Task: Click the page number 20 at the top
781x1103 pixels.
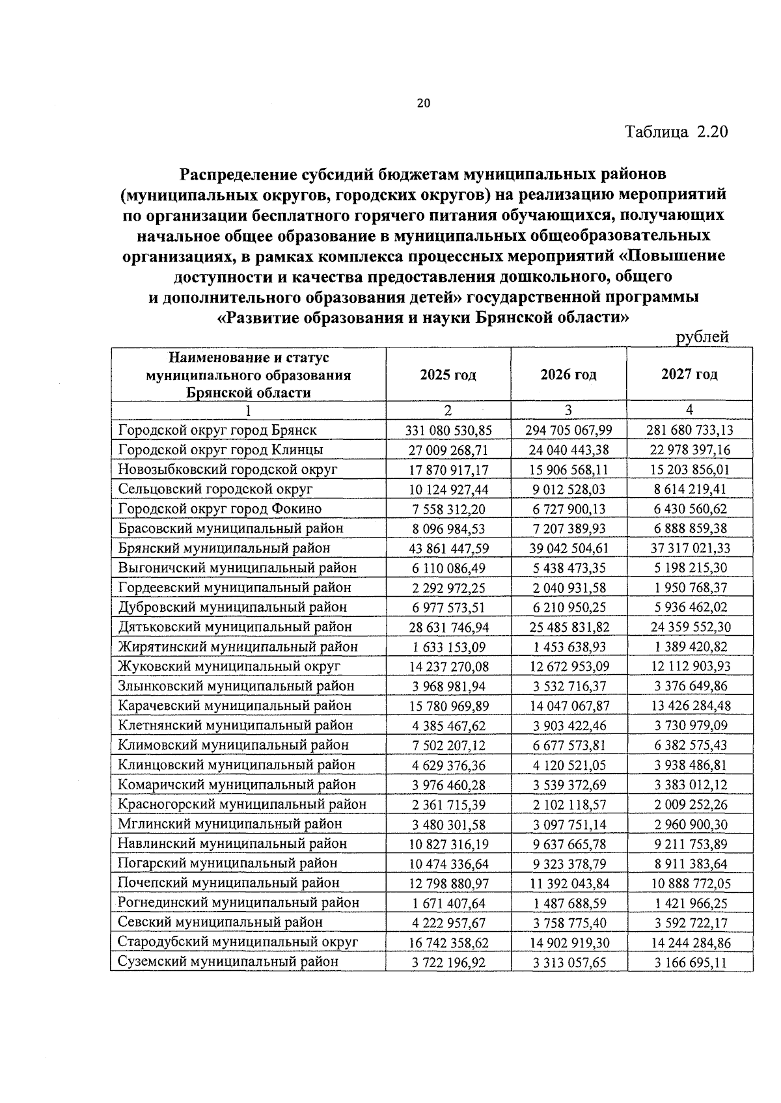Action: tap(423, 103)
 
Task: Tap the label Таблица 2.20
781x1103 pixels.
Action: tap(676, 132)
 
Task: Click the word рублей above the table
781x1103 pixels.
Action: tap(702, 337)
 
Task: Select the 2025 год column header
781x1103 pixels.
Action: tap(448, 375)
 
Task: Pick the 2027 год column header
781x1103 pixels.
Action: tap(689, 374)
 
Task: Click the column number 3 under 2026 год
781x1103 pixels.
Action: tap(568, 410)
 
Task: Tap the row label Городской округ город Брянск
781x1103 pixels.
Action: tap(217, 430)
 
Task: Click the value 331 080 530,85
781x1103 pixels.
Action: tap(448, 430)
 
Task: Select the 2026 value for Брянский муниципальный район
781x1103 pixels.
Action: tap(568, 549)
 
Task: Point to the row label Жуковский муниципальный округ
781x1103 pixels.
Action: tap(229, 666)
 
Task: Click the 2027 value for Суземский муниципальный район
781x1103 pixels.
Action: tap(689, 962)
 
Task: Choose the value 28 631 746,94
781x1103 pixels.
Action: tap(448, 627)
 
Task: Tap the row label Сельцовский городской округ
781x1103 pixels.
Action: tap(215, 489)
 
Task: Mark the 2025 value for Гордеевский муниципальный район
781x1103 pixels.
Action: tap(448, 588)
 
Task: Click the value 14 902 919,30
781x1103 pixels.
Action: tap(568, 943)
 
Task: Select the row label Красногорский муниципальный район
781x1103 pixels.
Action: tap(242, 804)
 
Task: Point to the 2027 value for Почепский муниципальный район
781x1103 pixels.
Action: tap(689, 884)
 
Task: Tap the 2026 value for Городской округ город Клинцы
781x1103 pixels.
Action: tap(568, 450)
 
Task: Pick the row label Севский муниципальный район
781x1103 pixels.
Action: tap(220, 923)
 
